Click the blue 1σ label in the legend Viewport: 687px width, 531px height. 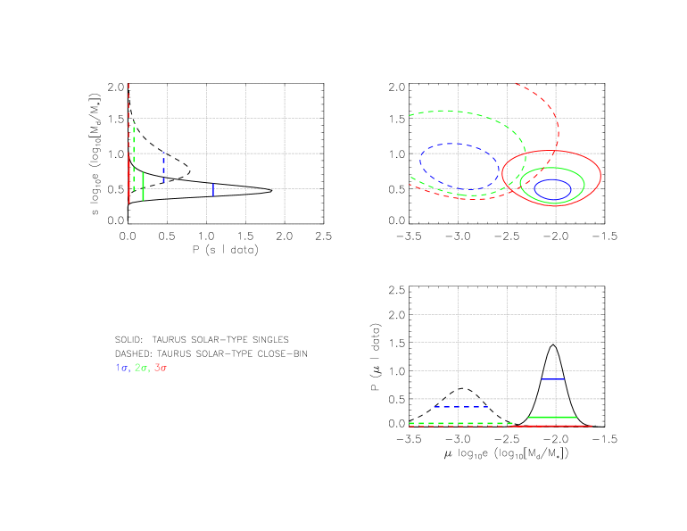click(x=122, y=368)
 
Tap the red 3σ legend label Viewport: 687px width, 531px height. click(x=161, y=368)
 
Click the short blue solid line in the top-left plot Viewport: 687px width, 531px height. click(x=212, y=189)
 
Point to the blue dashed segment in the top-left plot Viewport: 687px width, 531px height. click(x=164, y=169)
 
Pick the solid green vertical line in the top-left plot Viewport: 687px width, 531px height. click(x=143, y=187)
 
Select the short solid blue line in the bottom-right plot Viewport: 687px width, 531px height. click(x=553, y=379)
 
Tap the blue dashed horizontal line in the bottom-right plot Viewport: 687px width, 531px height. click(x=460, y=407)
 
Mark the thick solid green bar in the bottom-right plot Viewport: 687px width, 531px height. click(x=552, y=417)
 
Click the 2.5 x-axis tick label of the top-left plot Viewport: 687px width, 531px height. click(x=323, y=236)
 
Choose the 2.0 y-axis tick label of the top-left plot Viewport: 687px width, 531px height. click(x=115, y=87)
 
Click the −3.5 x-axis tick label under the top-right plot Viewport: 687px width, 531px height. click(x=408, y=236)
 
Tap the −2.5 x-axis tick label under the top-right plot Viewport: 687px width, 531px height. click(x=507, y=236)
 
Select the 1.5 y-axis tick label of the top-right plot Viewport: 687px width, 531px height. click(x=398, y=120)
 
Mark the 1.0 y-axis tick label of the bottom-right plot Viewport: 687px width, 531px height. click(x=398, y=371)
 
